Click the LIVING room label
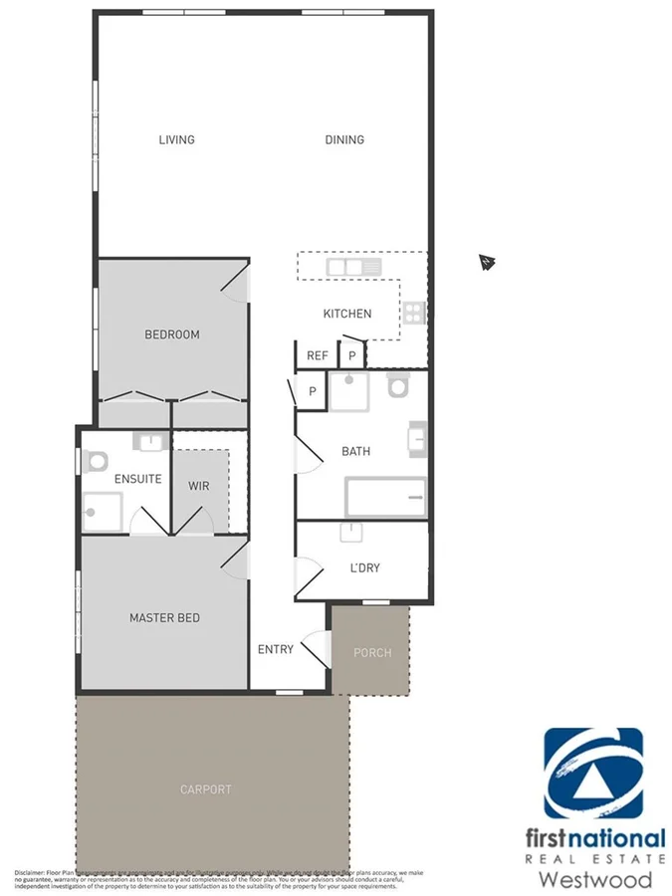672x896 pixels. pos(176,139)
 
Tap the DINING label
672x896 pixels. pos(344,139)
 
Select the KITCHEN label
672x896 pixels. pos(347,314)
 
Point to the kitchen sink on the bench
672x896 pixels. pos(353,267)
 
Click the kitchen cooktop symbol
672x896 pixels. pos(414,313)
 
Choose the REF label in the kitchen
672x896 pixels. pos(318,355)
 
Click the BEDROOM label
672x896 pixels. pos(172,335)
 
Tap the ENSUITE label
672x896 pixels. pos(137,479)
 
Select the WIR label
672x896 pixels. pos(199,486)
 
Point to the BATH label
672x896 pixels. pos(355,451)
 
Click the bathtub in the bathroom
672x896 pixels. pos(385,497)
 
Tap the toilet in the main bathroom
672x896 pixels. pos(399,386)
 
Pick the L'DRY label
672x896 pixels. pos(363,568)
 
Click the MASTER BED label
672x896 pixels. pos(164,618)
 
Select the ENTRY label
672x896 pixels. pos(276,649)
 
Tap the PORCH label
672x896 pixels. pos(372,653)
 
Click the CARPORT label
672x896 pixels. pos(205,789)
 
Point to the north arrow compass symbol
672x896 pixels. pos(487,263)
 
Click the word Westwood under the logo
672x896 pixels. pos(595,879)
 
